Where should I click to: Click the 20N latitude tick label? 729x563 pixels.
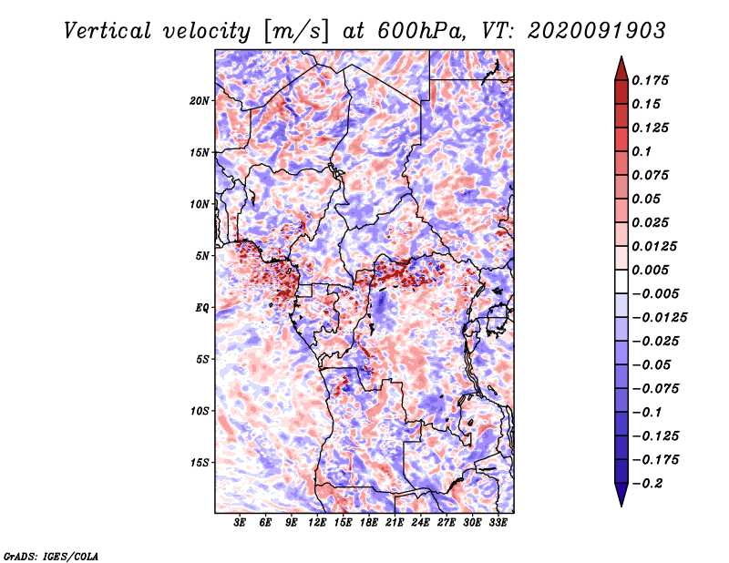pos(200,101)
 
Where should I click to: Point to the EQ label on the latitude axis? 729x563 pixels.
pos(201,308)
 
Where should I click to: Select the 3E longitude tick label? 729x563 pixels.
pos(240,523)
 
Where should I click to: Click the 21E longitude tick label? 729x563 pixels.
pos(395,523)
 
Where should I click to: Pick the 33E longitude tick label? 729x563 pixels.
pos(498,523)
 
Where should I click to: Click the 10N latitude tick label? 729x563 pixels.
pos(200,204)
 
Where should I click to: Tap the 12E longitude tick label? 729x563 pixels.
pos(316,523)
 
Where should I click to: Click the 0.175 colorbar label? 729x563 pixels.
pos(650,80)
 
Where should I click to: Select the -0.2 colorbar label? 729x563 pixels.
pos(647,484)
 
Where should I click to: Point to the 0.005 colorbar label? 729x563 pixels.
pos(650,270)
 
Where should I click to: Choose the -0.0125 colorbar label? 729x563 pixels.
pos(659,318)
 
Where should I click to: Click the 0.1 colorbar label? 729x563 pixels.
pos(642,151)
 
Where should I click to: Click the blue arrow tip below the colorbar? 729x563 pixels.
pos(621,506)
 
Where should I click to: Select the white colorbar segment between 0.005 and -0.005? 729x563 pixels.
pos(621,281)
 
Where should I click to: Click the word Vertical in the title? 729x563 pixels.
pos(108,31)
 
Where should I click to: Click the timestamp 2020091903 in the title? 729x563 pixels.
pos(597,31)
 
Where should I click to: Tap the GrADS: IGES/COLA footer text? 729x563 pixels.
pos(51,556)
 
